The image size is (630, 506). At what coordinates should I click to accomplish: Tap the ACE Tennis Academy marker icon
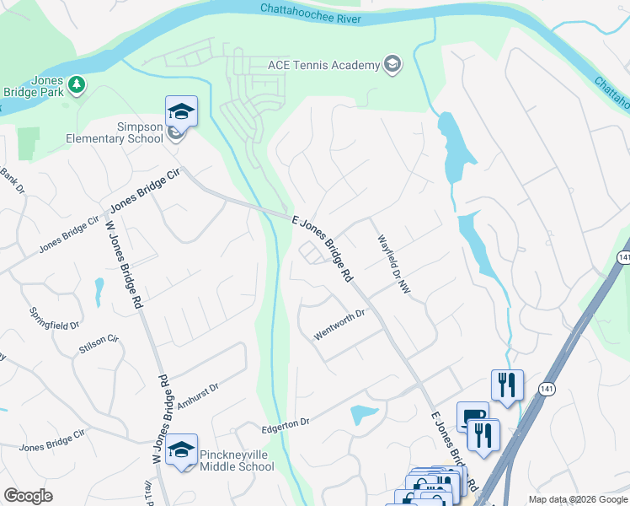click(x=392, y=64)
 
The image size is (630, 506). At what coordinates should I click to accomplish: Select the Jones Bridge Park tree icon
click(x=77, y=84)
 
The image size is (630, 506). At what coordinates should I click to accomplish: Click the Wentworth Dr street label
click(x=339, y=326)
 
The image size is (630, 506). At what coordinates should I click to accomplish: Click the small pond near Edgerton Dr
click(x=363, y=414)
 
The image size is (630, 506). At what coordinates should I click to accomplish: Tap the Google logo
click(x=28, y=496)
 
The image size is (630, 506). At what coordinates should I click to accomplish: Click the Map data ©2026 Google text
click(x=577, y=499)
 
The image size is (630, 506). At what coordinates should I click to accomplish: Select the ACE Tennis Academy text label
click(x=324, y=64)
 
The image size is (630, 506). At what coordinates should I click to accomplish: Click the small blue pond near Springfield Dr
click(x=99, y=291)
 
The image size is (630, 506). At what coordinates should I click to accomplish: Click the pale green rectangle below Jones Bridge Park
click(x=28, y=143)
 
